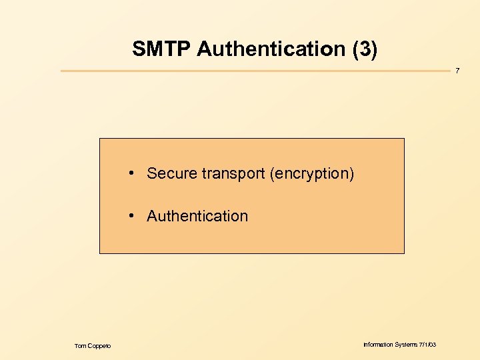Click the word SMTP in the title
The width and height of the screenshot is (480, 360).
coord(161,49)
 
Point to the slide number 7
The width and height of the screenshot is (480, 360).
coord(457,71)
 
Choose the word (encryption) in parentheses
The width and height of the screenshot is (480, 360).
coord(312,174)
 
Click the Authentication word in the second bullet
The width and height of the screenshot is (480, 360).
coord(197,216)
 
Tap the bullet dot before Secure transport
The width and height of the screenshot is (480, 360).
coord(133,173)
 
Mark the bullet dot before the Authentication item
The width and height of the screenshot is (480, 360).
coord(133,215)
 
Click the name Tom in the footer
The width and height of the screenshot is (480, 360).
coord(80,345)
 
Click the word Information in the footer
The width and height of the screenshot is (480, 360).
coord(377,345)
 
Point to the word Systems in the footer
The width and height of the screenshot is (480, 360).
coord(406,345)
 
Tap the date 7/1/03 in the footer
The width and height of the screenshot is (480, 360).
coord(428,345)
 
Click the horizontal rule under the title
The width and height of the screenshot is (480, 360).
coord(253,71)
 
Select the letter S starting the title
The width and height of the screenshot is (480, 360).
coord(138,49)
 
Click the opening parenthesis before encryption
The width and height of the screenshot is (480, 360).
coord(272,174)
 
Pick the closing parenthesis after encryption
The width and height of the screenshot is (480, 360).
coord(351,174)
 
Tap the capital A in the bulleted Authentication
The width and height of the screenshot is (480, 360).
coord(152,216)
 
